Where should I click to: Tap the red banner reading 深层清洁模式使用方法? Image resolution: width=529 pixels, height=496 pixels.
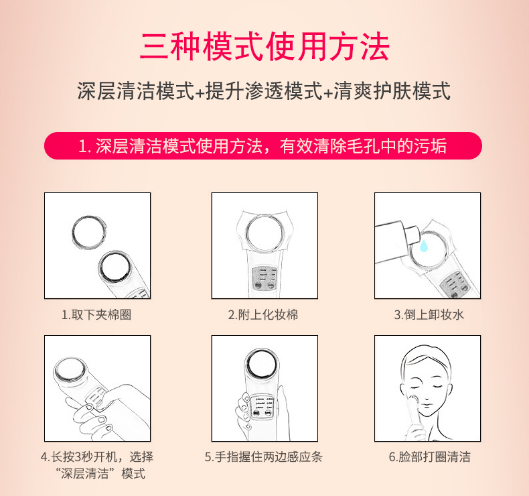pos(263,146)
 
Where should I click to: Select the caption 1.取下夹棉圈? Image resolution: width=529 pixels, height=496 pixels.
pos(96,314)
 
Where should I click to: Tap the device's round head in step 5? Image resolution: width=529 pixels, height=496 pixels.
pos(262,365)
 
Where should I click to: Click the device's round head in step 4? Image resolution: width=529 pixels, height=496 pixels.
pos(70,370)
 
